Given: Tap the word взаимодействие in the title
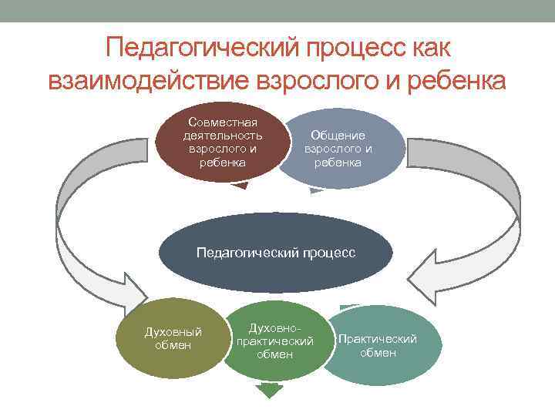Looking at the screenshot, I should coord(154,80).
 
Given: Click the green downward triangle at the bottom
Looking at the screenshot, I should coord(268,391).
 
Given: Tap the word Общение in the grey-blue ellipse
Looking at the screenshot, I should coord(338,135).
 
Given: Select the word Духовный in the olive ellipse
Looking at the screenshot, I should coord(173,332).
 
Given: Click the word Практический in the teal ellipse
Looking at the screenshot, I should coord(378,339).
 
